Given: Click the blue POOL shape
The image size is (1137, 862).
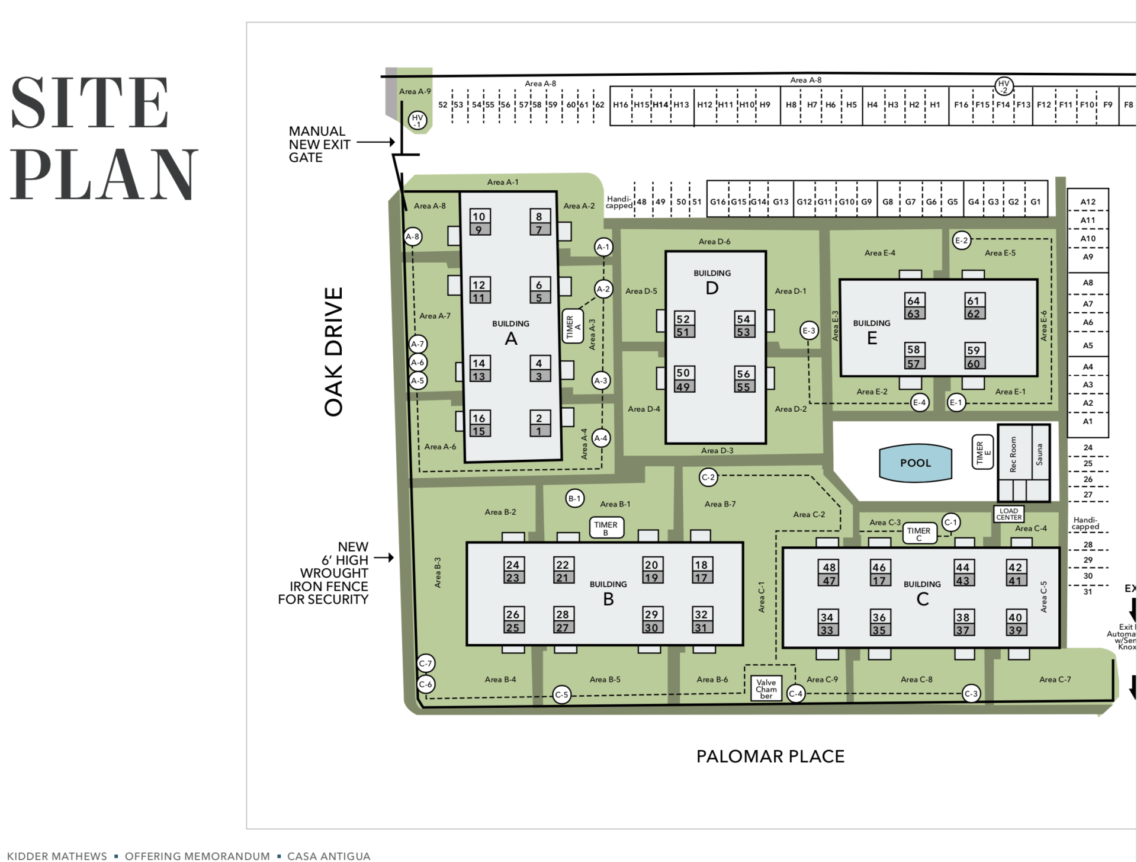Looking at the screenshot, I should pyautogui.click(x=915, y=463).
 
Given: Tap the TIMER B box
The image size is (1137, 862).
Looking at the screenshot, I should pyautogui.click(x=606, y=527).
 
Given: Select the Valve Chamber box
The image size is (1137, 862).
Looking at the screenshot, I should pyautogui.click(x=766, y=689).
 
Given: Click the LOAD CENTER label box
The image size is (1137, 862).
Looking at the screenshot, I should pyautogui.click(x=1008, y=514).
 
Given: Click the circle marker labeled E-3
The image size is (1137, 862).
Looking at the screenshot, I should pyautogui.click(x=809, y=331).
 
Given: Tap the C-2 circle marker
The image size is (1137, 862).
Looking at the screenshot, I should pyautogui.click(x=708, y=477).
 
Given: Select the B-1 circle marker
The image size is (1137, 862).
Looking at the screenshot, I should pyautogui.click(x=574, y=498).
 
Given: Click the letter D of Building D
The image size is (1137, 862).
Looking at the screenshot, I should pyautogui.click(x=712, y=289).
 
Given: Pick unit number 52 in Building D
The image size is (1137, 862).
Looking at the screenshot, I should pyautogui.click(x=683, y=319).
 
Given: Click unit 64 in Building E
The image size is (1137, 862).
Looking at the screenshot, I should pyautogui.click(x=913, y=301).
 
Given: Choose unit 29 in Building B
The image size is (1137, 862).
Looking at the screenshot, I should pyautogui.click(x=651, y=614).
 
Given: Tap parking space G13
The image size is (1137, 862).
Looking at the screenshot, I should pyautogui.click(x=781, y=202).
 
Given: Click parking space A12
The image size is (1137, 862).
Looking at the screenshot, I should pyautogui.click(x=1087, y=201).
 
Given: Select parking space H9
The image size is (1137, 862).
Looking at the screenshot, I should pyautogui.click(x=765, y=105).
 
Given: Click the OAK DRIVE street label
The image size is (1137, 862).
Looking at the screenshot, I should pyautogui.click(x=334, y=352).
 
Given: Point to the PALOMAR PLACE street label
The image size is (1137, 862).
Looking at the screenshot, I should pyautogui.click(x=770, y=757).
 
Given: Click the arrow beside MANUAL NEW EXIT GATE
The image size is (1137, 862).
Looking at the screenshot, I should pyautogui.click(x=375, y=142).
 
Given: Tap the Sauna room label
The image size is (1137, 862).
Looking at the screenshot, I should pyautogui.click(x=1039, y=454).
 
